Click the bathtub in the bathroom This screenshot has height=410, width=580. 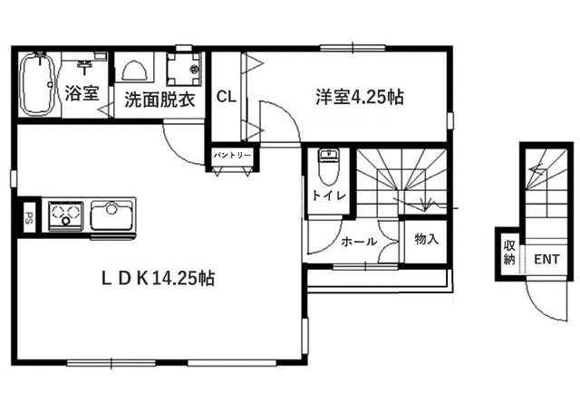tap(36, 85)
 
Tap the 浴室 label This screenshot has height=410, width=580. tap(82, 92)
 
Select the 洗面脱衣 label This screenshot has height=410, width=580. tap(159, 100)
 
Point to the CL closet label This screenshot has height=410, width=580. tap(226, 97)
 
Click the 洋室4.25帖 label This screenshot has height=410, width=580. tap(359, 96)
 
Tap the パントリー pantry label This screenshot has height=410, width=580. tap(233, 157)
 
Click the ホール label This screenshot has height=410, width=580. tap(359, 242)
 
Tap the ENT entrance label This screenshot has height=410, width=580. tap(547, 260)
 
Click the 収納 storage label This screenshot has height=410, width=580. tap(510, 252)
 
